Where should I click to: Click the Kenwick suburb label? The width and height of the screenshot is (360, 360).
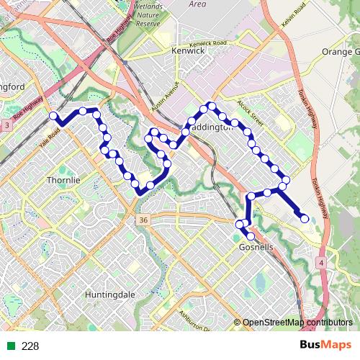[x=189, y=52]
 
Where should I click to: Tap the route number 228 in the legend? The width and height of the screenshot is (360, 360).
[x=30, y=346]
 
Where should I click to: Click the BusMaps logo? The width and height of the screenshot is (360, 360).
[x=325, y=346]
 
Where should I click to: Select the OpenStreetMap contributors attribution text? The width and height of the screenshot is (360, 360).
[x=297, y=323]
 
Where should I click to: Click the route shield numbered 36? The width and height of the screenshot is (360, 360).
[x=144, y=220]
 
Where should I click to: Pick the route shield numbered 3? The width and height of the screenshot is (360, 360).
[x=6, y=126]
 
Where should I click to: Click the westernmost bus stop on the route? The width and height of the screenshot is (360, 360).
[x=53, y=115]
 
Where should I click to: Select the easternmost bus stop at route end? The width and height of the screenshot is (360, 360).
[x=305, y=218]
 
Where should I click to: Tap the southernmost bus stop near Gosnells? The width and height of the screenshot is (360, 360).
[x=251, y=236]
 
